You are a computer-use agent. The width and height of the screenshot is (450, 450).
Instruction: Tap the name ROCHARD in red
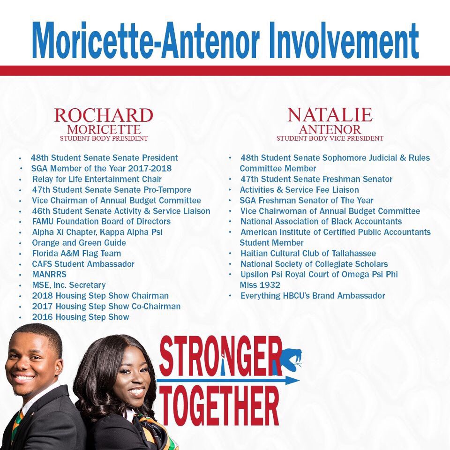click(x=104, y=115)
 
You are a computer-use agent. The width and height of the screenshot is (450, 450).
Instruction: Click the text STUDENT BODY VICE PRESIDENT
click(x=330, y=138)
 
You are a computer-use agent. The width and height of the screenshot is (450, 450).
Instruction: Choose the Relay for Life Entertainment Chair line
click(x=97, y=179)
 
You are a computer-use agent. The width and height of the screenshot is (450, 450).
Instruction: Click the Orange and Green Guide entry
click(x=79, y=243)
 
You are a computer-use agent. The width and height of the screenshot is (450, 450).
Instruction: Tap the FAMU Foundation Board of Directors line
click(x=101, y=221)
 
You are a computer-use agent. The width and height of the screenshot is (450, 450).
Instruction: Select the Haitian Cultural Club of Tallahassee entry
click(x=308, y=254)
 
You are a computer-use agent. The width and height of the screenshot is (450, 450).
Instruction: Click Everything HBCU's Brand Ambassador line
click(x=313, y=296)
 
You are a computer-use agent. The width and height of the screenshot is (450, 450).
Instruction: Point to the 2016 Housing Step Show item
click(x=81, y=317)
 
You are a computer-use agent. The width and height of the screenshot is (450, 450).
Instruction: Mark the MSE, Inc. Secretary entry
click(x=69, y=285)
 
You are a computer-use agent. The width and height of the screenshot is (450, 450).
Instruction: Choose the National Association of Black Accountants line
click(x=321, y=221)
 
